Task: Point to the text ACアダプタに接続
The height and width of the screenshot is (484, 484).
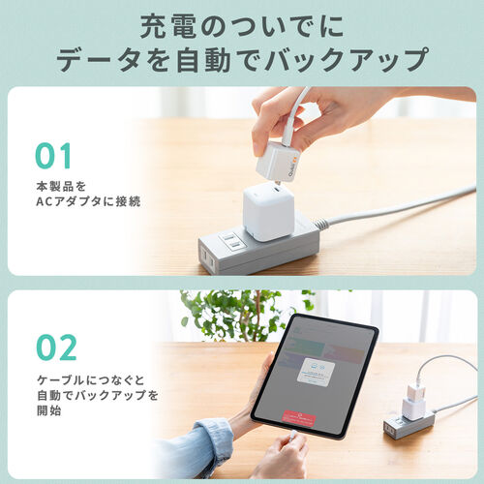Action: point(87,201)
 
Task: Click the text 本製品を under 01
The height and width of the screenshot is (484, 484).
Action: point(60,184)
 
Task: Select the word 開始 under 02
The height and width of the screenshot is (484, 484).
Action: point(50,410)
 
